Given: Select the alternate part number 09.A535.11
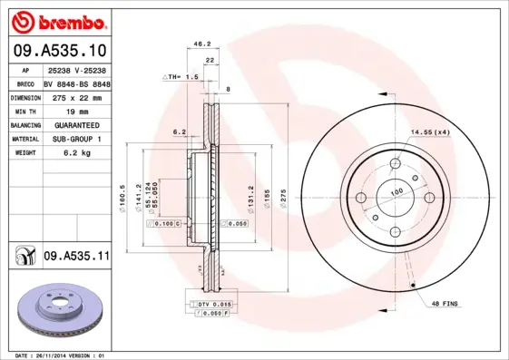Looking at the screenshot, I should pos(76,258).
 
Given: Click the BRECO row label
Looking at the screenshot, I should pos(24,83).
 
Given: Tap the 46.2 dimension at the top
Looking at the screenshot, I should pos(203,43).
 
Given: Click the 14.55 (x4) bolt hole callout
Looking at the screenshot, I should pos(429,133).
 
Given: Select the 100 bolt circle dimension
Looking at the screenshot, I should pos(396,192).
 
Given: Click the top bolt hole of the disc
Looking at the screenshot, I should pos(395,164).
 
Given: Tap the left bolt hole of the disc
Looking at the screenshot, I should pos(360,198).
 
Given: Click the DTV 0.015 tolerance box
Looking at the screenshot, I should pos(213,303).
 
